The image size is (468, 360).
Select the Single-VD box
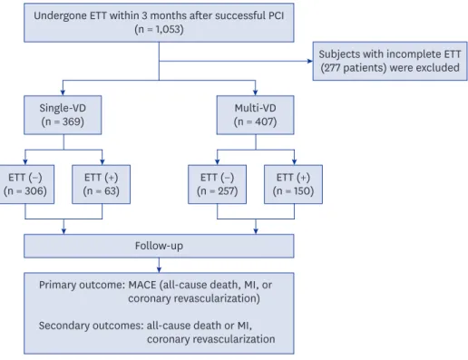(63, 115)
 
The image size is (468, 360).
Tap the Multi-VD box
(255, 115)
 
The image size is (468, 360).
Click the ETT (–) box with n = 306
(26, 184)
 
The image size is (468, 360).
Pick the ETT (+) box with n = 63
(101, 184)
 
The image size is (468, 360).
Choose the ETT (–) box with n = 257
(217, 184)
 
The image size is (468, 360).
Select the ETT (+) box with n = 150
(293, 184)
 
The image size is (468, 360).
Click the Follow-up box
(159, 246)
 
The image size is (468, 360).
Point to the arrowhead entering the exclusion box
(310, 61)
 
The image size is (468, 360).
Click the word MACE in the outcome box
(142, 285)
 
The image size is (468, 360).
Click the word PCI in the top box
(276, 15)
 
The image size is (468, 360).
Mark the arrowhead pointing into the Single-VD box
(63, 92)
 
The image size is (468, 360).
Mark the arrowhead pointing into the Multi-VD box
(256, 92)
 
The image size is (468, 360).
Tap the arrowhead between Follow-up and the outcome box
(159, 270)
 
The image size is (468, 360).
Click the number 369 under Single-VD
(72, 122)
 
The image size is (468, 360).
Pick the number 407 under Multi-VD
(264, 122)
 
